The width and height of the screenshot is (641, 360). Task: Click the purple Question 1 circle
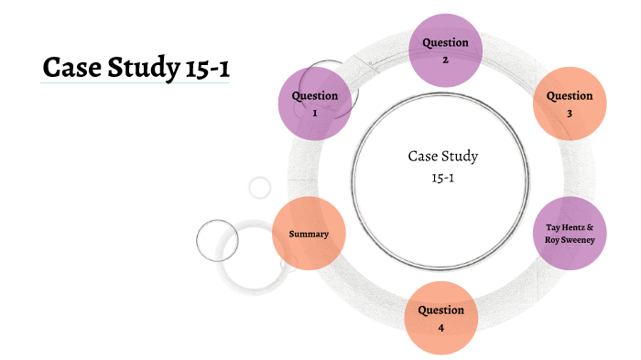pos(314,104)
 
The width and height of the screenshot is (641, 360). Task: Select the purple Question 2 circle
pos(445,50)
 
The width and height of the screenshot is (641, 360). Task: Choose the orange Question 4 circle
pos(440,318)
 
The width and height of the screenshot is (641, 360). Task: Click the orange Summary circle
pos(309,234)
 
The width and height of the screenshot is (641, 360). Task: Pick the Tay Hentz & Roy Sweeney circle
pos(570,233)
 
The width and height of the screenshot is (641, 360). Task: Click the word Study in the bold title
pos(131,68)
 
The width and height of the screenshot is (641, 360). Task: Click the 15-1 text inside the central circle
pos(443,177)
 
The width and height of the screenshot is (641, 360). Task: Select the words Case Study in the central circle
pos(443,157)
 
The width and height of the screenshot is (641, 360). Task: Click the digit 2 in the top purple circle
pos(445,60)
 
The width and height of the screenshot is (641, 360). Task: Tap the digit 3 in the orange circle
pos(570,114)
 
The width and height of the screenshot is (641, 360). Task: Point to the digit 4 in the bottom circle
pos(441,327)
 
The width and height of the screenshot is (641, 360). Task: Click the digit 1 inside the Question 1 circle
pos(314,114)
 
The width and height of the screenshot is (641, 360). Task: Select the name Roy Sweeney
pos(570,240)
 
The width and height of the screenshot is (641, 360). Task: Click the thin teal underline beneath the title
pos(135,83)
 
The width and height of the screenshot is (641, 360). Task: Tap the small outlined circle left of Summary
pos(217,240)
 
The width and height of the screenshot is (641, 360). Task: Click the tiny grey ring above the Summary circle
pos(260,188)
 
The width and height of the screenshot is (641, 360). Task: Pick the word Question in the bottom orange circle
pos(441,310)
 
